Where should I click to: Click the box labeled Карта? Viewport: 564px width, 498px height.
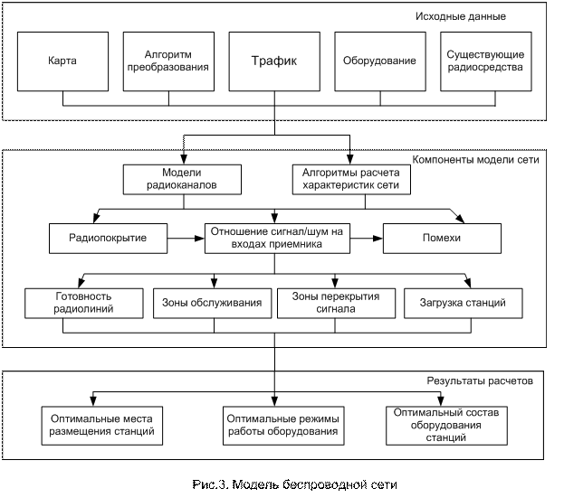click(63, 61)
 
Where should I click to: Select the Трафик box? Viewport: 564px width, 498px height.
click(274, 61)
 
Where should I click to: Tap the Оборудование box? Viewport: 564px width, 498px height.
click(380, 61)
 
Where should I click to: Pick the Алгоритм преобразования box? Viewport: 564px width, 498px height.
click(168, 61)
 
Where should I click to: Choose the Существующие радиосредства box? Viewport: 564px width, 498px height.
click(486, 61)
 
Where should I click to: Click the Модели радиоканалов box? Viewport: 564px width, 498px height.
click(182, 180)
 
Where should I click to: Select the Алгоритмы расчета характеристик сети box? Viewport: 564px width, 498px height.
click(351, 180)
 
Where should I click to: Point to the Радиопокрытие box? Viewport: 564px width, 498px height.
click(109, 239)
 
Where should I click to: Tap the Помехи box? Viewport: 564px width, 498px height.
click(442, 239)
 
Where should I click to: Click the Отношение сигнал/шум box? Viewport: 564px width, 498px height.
click(277, 239)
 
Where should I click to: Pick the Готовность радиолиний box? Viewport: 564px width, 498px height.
click(84, 303)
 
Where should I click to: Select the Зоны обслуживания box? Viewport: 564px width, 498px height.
click(212, 303)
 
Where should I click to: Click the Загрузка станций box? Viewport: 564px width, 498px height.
click(464, 303)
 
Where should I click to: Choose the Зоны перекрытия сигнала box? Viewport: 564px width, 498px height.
click(336, 303)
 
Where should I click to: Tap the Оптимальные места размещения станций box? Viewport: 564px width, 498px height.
click(102, 426)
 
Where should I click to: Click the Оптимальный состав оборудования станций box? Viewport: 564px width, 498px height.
click(446, 426)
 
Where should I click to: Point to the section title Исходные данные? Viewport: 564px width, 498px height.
click(461, 16)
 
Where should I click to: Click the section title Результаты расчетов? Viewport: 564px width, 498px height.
click(480, 381)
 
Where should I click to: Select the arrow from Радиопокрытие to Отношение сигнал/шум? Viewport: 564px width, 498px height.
click(186, 238)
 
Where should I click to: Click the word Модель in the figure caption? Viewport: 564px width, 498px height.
click(255, 484)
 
